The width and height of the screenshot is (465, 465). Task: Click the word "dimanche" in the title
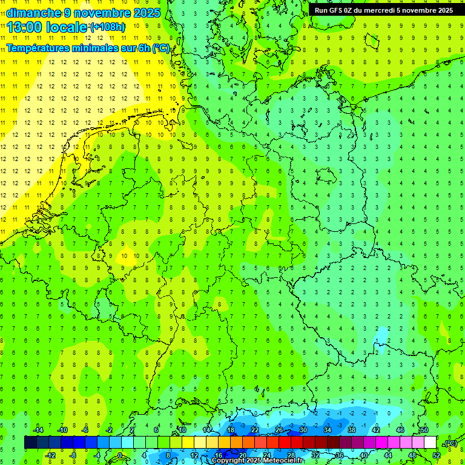point(34,13)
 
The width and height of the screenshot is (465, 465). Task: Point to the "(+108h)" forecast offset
point(108,27)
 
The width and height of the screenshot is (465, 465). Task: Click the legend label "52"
point(437,455)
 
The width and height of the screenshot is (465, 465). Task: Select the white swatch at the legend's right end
point(430,443)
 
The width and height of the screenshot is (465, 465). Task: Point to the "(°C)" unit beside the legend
point(450,443)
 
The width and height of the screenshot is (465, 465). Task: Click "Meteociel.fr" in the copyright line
point(285,461)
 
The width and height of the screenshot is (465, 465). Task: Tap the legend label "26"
point(279,430)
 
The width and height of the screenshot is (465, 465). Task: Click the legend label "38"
point(351,430)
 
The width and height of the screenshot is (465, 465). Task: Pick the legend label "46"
point(400,430)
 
